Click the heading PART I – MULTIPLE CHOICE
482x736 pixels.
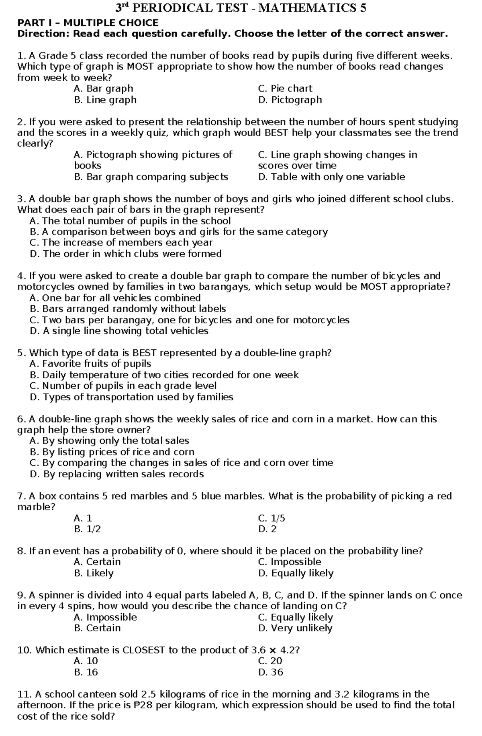(88, 23)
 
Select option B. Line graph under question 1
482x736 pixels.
(105, 100)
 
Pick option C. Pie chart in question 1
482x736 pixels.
(285, 89)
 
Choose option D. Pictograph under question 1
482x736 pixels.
(290, 100)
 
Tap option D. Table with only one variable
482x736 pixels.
(331, 177)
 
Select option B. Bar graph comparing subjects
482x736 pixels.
(151, 177)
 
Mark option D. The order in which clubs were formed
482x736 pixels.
(126, 254)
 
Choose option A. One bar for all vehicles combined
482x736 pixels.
(115, 298)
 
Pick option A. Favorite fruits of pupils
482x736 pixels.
(90, 364)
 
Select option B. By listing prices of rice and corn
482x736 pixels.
(112, 452)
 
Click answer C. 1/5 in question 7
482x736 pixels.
(272, 518)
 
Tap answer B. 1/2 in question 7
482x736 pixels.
(87, 529)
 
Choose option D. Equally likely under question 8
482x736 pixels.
(296, 573)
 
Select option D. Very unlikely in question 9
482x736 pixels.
(295, 628)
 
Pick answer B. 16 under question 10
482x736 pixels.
(86, 672)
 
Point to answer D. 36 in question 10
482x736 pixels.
(271, 672)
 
